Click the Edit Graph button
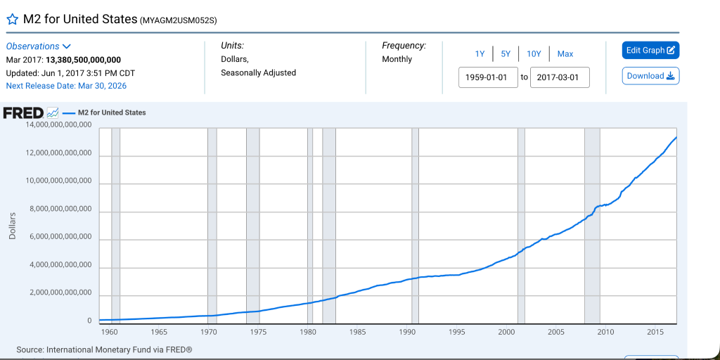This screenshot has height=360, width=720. tap(650, 51)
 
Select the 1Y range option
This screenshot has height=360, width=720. tap(480, 54)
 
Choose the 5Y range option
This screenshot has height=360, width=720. tap(506, 54)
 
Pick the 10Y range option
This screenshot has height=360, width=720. tap(534, 54)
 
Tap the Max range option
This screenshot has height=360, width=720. tap(565, 54)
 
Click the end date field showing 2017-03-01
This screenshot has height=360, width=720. tap(560, 77)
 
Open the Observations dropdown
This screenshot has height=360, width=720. tap(39, 46)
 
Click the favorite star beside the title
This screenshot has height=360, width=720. tap(12, 20)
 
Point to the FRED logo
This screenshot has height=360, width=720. tap(24, 112)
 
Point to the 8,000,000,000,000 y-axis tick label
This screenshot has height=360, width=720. tap(59, 210)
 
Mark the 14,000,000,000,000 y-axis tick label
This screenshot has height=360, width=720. tap(59, 125)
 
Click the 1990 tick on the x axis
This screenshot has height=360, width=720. tap(407, 332)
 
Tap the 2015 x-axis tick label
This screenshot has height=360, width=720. tap(655, 332)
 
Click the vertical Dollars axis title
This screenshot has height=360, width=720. tap(12, 226)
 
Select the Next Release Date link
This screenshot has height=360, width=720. tap(66, 86)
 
